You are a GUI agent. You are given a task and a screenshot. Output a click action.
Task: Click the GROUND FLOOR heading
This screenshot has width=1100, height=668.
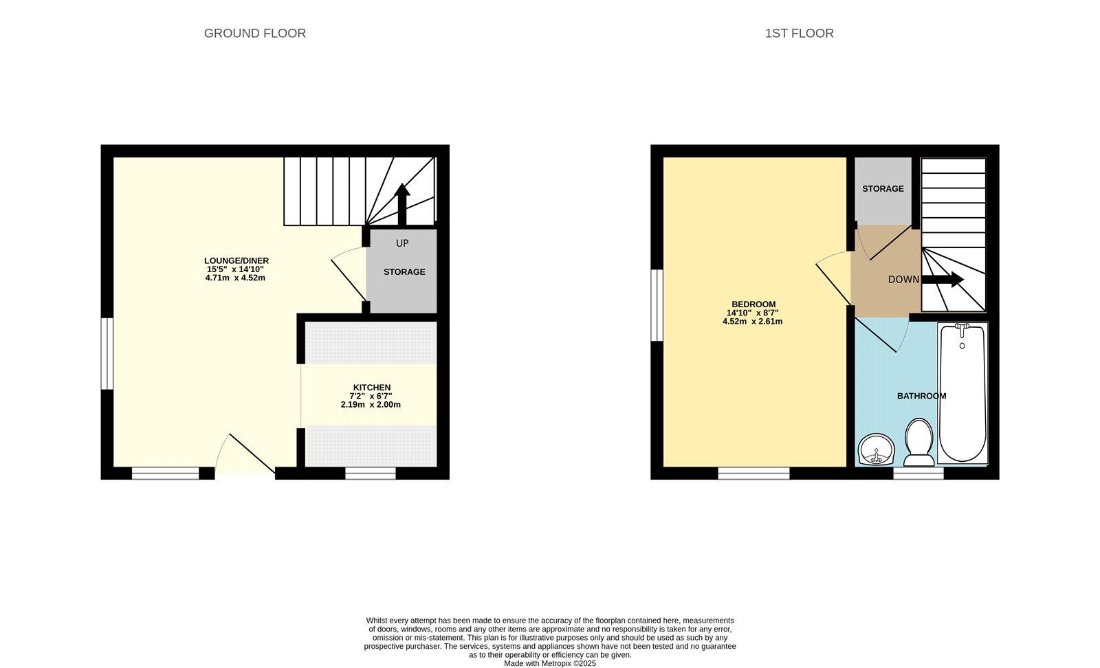coord(254,33)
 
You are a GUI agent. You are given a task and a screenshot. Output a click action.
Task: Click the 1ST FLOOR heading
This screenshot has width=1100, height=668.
coord(799,33)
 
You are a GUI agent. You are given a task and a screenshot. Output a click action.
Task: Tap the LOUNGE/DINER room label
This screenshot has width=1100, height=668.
coord(236,260)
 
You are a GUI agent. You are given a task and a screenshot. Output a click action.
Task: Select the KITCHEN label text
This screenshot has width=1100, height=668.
coord(371,388)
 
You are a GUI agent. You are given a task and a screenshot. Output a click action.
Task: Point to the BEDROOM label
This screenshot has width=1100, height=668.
coord(753,304)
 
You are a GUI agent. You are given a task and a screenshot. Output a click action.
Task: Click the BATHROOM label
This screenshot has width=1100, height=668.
coord(921,396)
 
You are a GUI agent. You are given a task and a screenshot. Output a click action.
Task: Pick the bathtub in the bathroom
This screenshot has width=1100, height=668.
coord(962,393)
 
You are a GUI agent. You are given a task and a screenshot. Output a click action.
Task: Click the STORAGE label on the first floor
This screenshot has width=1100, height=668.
coord(883,188)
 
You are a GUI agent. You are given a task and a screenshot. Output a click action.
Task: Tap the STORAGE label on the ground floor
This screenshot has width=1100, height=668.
coord(404,271)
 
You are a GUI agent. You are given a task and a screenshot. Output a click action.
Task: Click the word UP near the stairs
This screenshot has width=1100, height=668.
coord(402,243)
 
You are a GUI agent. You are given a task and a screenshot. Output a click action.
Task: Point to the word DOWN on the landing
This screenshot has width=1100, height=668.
coord(903,280)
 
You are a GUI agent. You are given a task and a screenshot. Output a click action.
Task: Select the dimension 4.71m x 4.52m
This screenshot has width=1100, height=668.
coord(235,278)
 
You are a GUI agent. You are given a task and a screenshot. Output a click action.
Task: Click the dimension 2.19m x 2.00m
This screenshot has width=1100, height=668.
coord(371,405)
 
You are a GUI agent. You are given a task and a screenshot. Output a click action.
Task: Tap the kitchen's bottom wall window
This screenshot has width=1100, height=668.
coord(370,473)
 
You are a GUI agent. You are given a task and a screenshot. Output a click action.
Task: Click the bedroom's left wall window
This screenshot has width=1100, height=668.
coord(657,305)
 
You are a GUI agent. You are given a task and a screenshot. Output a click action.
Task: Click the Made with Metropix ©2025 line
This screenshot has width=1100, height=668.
coord(550,663)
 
